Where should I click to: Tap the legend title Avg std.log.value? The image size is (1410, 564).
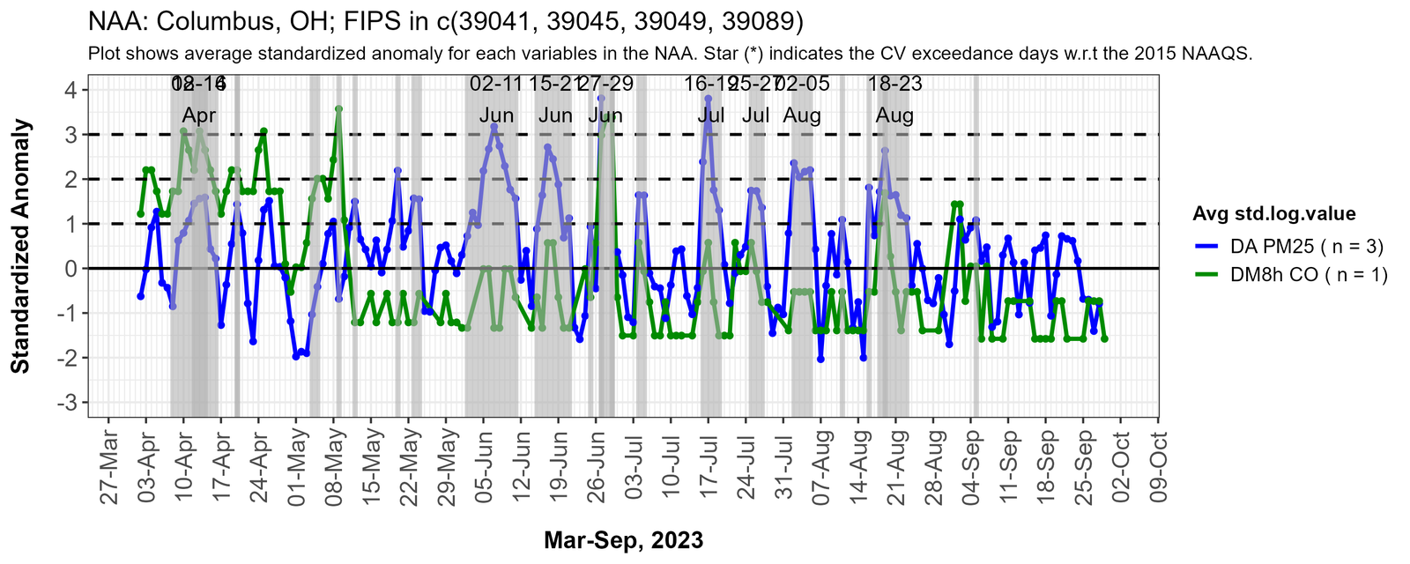[x=1273, y=213]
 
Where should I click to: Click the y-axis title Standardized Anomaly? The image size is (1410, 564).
[x=21, y=246]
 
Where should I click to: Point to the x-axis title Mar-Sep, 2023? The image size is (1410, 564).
[x=623, y=540]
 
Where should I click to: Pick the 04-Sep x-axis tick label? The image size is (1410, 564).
[x=971, y=466]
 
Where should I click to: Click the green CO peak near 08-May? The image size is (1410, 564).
[x=338, y=109]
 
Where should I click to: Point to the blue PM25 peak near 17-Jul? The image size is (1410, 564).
[x=708, y=99]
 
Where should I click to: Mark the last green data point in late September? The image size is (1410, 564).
[x=1104, y=338]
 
